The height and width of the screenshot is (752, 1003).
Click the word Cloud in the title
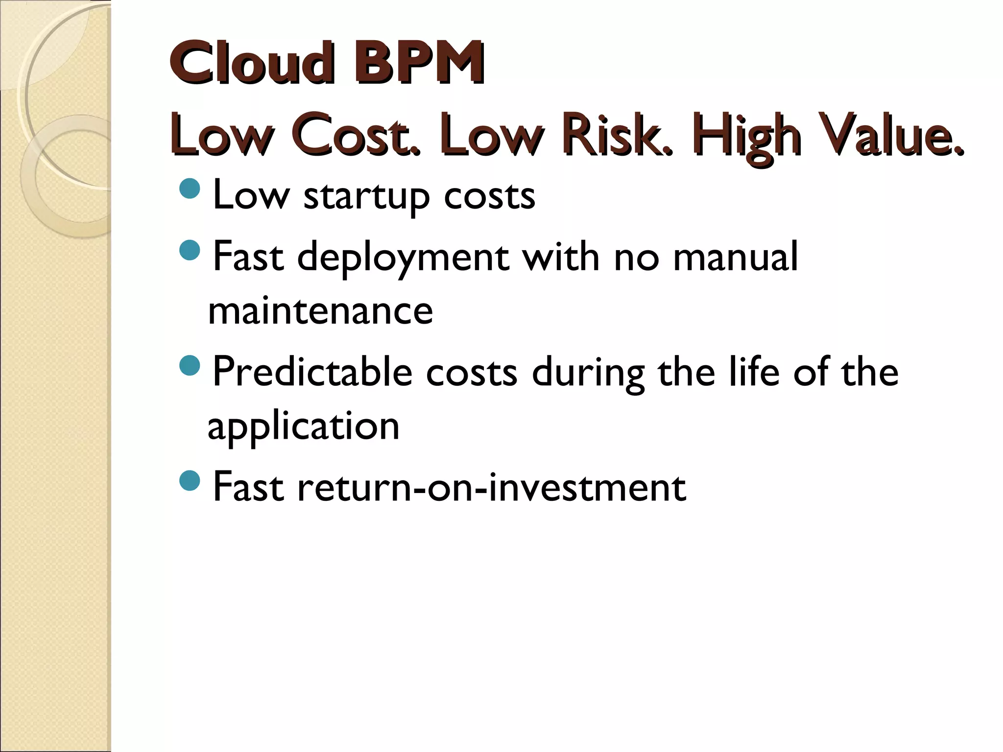point(252,64)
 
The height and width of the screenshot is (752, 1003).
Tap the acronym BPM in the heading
point(420,64)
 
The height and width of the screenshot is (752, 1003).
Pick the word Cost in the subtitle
point(355,135)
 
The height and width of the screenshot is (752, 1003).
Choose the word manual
point(736,257)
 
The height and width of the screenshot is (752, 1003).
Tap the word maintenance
point(320,311)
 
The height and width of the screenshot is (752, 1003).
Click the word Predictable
point(312,372)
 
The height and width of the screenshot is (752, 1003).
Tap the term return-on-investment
point(491,488)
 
